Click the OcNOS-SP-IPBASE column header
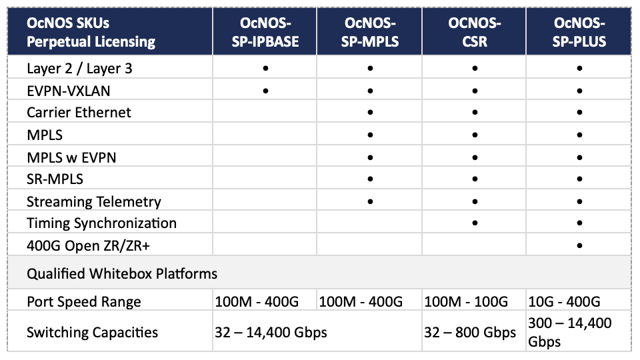coord(265,32)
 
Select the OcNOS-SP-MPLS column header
coord(370,32)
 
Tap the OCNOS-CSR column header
coord(475,32)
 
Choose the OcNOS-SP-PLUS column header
coord(579,32)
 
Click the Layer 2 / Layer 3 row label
coord(79,69)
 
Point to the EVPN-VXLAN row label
coord(69,91)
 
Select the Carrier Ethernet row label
coord(79,112)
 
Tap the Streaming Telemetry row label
coord(94,201)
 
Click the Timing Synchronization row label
coord(101,223)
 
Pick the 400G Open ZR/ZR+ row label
coord(88,246)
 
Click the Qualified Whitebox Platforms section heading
coord(122,273)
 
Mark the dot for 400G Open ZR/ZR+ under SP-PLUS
coord(579,246)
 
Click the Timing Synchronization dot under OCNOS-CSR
coord(475,223)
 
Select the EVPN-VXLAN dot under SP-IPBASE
coord(265,91)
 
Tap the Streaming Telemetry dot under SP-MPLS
coord(370,201)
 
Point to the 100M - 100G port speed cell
coord(466,301)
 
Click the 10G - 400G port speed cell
coord(564,301)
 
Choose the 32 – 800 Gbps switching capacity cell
coord(470,332)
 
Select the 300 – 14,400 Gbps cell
coord(570,332)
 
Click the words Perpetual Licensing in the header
coord(91,41)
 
